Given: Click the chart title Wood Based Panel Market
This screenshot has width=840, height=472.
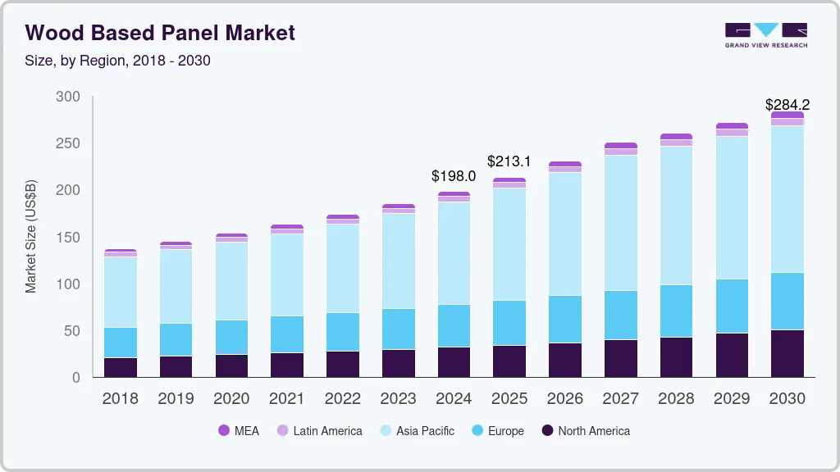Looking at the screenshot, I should coord(160,33).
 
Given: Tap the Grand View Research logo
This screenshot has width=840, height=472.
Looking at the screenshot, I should coord(765,35).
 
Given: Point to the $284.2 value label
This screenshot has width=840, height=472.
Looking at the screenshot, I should coord(787,104).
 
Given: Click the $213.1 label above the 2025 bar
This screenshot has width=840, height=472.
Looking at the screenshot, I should coord(509,161).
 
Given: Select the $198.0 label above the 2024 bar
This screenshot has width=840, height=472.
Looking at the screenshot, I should coord(454,176).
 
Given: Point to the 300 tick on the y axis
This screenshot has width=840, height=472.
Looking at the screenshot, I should coord(68,97).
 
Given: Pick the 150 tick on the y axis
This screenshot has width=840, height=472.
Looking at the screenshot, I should coord(68,238).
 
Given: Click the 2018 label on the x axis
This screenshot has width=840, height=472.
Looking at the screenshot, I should coord(120,398).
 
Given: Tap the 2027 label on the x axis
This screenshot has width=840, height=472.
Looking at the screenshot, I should coord(620,398).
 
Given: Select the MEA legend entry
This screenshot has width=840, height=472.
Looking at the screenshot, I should coord(238,430).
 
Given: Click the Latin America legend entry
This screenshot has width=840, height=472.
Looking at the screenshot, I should coord(319,430).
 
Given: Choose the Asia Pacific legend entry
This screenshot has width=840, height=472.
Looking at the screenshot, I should coord(416,430).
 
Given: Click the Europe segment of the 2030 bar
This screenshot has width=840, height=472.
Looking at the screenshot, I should coord(787,301).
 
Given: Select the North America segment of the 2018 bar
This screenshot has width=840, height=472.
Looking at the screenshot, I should coord(120,367).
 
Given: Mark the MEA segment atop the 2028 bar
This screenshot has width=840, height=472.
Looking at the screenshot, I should coord(676,137).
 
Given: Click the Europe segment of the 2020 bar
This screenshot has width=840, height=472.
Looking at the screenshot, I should coord(231,337).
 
